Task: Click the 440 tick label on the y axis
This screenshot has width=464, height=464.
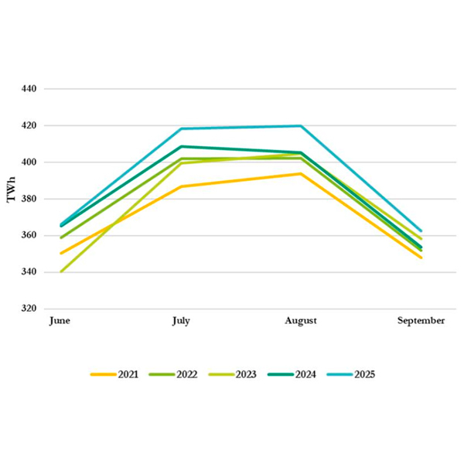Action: point(29,89)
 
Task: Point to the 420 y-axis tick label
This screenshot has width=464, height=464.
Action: point(29,125)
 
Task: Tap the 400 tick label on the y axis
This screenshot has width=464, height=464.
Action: point(29,162)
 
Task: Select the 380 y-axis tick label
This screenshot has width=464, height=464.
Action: point(29,199)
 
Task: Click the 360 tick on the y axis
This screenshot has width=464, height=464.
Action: point(29,235)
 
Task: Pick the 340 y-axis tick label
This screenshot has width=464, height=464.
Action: point(29,272)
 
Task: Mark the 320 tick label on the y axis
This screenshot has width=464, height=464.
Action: point(29,309)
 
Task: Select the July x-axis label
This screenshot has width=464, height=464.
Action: point(181,321)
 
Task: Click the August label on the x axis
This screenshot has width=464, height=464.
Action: point(301,321)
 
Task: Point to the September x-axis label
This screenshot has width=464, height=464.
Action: point(421,321)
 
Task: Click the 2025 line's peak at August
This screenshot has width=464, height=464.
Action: point(301,126)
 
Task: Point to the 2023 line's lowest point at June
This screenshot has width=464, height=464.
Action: point(60,271)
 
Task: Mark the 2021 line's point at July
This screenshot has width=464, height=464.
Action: point(181,186)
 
